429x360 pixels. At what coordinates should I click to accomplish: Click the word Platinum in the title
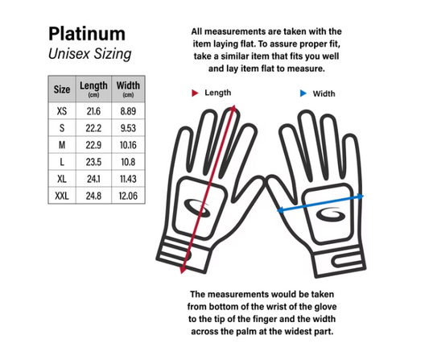pyautogui.click(x=87, y=34)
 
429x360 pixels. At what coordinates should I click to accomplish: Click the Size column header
pyautogui.click(x=62, y=89)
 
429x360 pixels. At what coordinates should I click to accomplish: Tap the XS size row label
pyautogui.click(x=62, y=111)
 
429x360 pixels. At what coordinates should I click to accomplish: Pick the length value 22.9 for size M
pyautogui.click(x=93, y=145)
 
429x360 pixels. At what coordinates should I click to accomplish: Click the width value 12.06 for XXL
pyautogui.click(x=128, y=196)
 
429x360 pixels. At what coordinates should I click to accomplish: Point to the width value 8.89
pyautogui.click(x=128, y=111)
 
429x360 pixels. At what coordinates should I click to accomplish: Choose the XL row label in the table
pyautogui.click(x=62, y=179)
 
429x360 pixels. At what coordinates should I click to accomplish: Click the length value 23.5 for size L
pyautogui.click(x=93, y=162)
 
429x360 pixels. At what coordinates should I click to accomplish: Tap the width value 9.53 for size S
pyautogui.click(x=128, y=128)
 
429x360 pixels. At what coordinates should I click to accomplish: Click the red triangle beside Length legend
pyautogui.click(x=195, y=93)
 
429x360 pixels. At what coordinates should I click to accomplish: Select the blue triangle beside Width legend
pyautogui.click(x=303, y=93)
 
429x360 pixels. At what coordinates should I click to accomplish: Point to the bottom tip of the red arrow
pyautogui.click(x=182, y=273)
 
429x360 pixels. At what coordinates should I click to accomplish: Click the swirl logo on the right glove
pyautogui.click(x=330, y=215)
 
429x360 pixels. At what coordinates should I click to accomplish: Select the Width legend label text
pyautogui.click(x=324, y=93)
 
